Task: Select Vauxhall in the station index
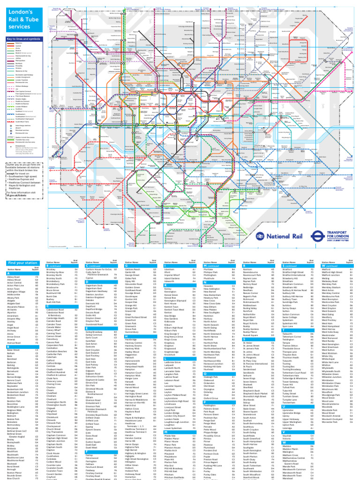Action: [286, 436]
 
